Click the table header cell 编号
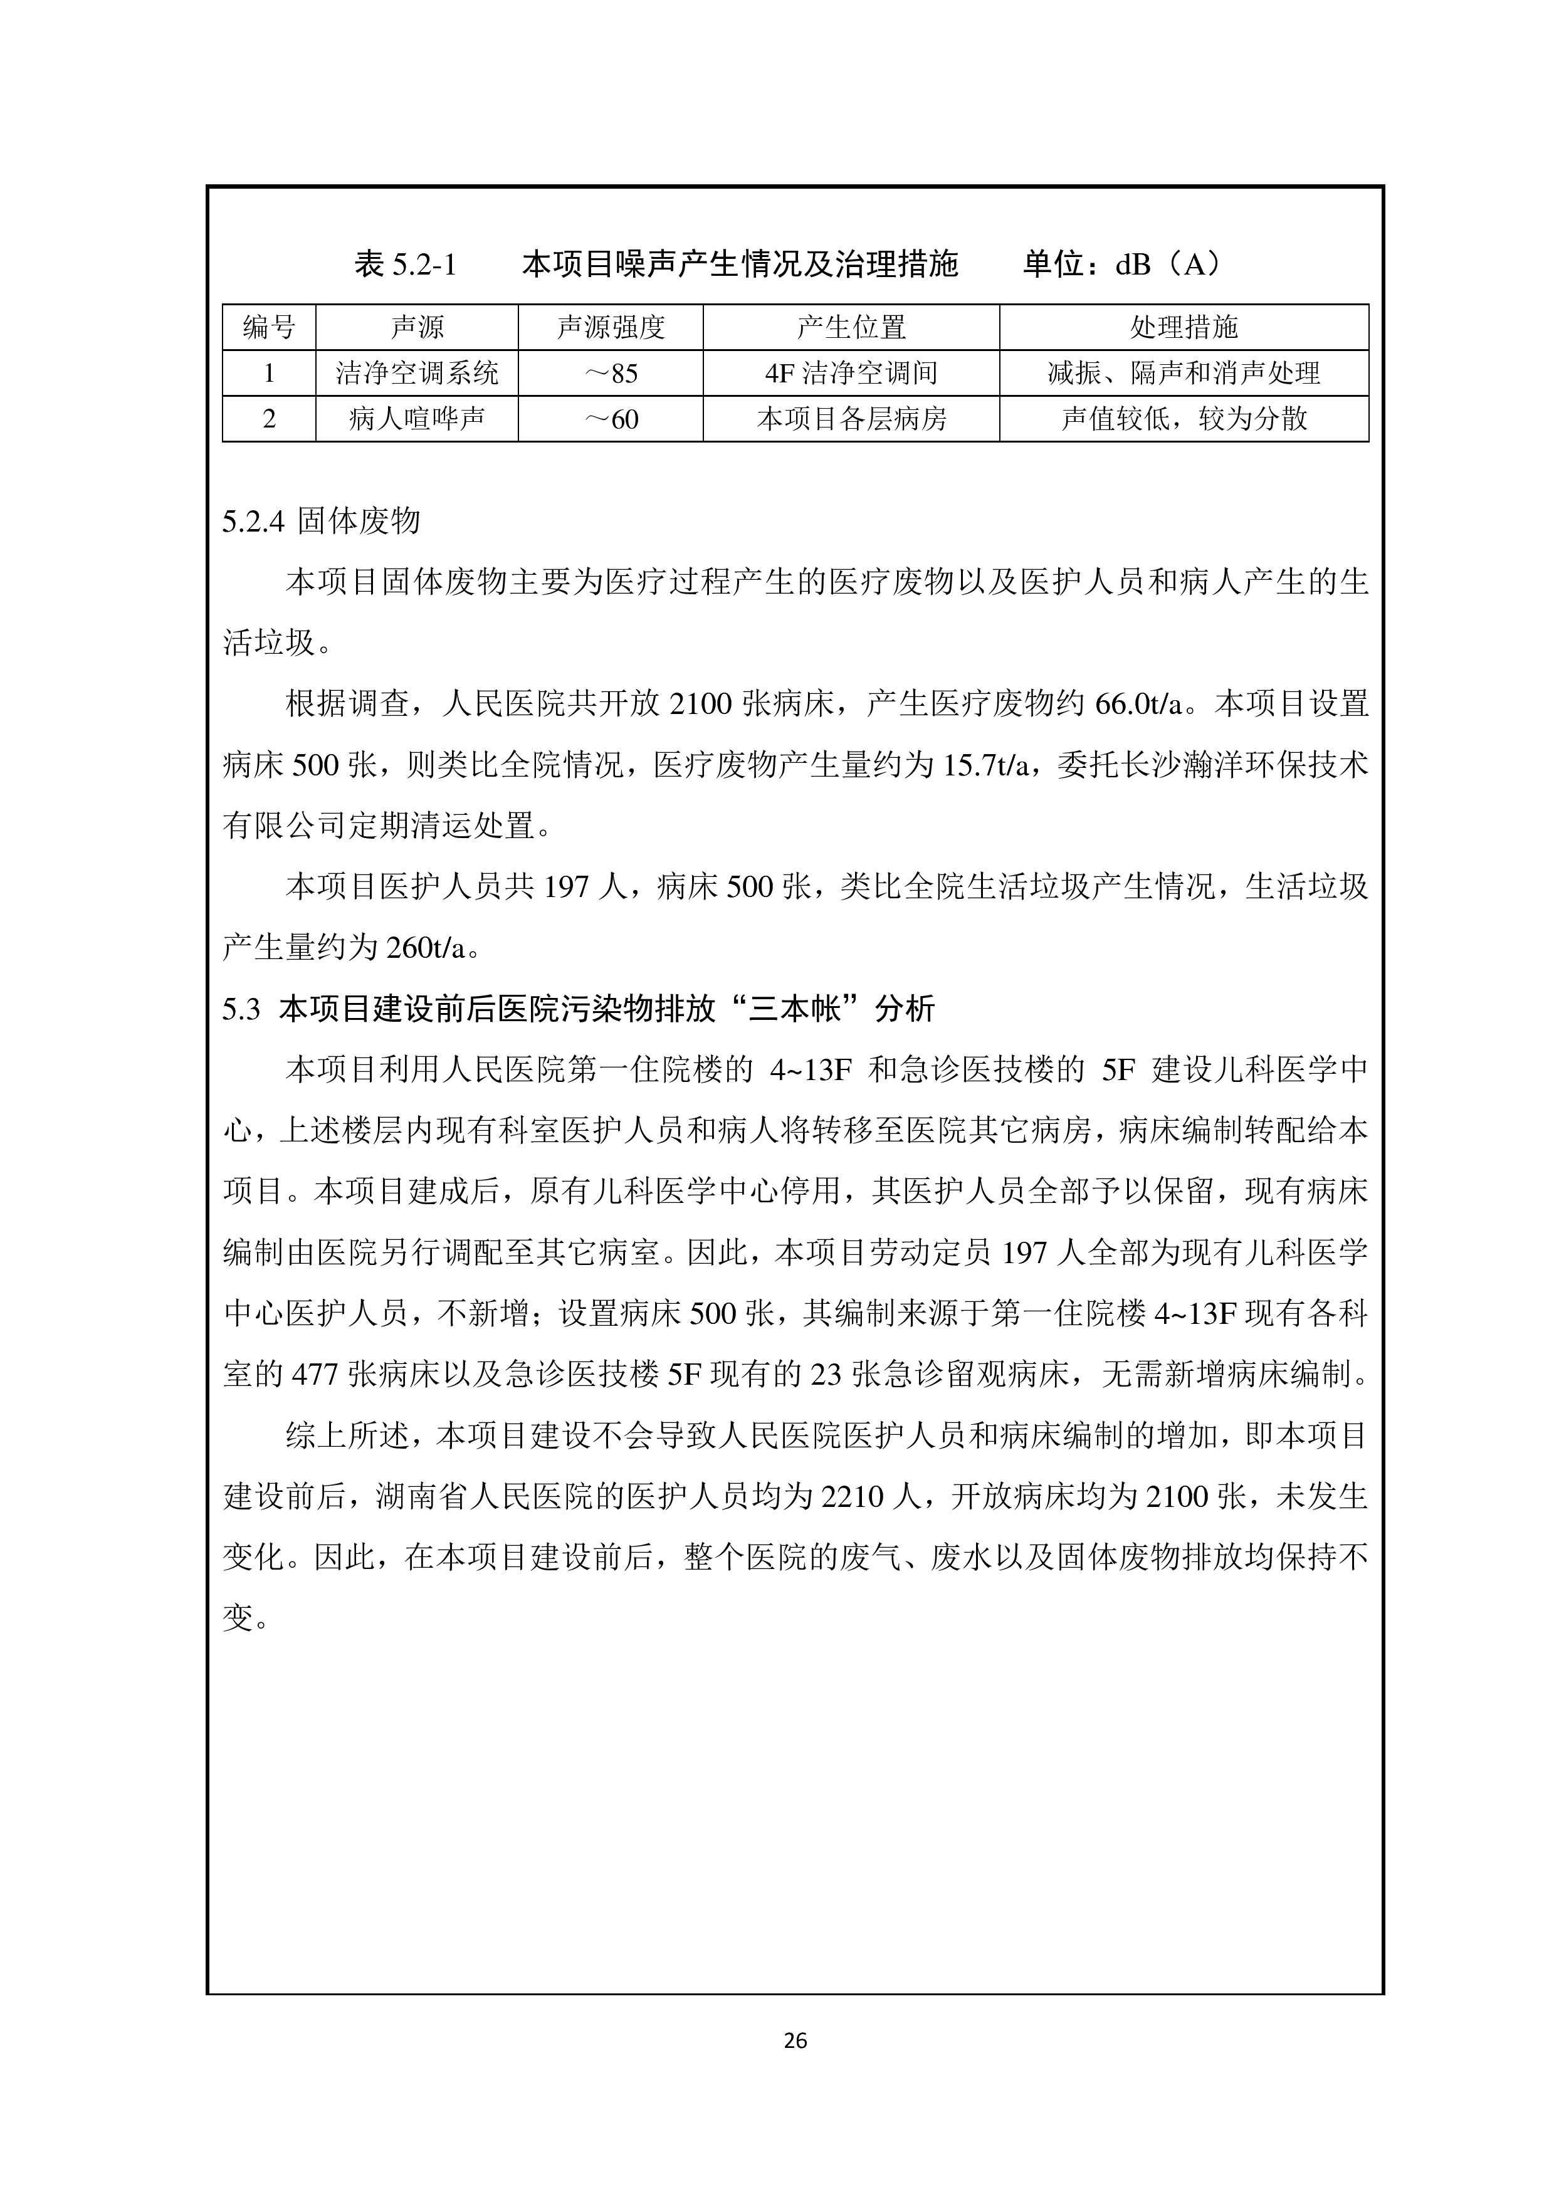269,328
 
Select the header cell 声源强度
611,328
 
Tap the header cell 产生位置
851,328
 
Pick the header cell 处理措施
1184,328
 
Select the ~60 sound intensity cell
611,419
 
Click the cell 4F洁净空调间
851,372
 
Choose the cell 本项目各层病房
851,419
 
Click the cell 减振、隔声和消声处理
1184,372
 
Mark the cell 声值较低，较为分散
1184,419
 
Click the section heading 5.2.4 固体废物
322,521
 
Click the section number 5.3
241,1009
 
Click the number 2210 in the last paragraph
852,1496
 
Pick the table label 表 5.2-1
406,263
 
